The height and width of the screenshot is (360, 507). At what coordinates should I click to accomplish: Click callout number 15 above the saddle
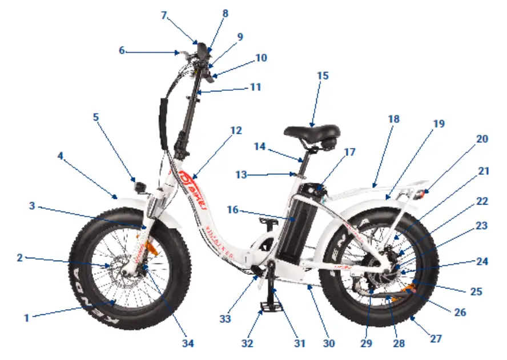click(323, 75)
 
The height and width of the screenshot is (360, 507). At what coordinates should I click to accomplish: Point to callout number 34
click(188, 343)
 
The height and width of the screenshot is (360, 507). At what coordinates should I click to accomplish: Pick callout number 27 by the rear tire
click(436, 338)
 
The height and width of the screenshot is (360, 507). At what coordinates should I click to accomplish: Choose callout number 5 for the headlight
click(96, 117)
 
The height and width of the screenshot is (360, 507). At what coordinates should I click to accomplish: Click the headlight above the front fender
click(139, 186)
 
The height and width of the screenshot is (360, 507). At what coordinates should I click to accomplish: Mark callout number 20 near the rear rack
click(482, 138)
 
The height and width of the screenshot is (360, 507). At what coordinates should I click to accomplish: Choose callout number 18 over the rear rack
click(393, 119)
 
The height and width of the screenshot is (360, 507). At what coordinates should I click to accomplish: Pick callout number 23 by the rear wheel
click(482, 225)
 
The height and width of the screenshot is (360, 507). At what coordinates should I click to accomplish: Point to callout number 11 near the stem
click(255, 87)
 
